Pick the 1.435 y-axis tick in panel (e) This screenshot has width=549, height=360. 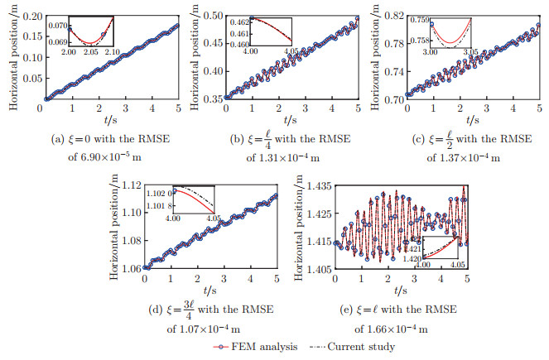click(315, 185)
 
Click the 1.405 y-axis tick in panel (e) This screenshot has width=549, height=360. click(315, 270)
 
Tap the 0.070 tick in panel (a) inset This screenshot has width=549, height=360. click(58, 26)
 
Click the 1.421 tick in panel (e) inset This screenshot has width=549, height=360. click(411, 246)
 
